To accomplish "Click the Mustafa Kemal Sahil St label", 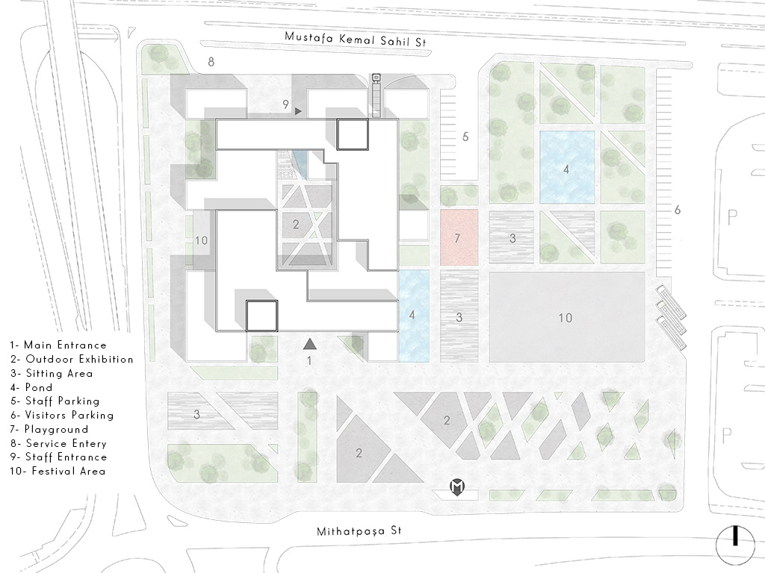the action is point(355,39).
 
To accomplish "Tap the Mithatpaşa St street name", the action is point(359,531).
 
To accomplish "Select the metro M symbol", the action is point(457,486).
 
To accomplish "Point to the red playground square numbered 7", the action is point(459,238).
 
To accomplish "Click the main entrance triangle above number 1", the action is point(310,344).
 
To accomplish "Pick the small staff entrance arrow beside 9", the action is point(298,112).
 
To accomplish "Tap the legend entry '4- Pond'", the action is point(31,387).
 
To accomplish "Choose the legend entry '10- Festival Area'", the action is point(58,472).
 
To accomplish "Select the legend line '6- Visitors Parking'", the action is point(62,415).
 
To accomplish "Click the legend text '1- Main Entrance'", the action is point(58,345).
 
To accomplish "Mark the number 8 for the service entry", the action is point(211,62).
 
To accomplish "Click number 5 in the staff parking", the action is point(465,137).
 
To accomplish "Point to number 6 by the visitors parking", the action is point(677,210).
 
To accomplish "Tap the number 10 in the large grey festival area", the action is point(566,318).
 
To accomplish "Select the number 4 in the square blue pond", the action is point(566,169).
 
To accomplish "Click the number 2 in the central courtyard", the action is point(296,224).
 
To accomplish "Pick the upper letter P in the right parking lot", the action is point(731,217).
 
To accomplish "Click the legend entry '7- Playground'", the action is point(49,429).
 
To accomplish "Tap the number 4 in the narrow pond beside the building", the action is point(412,316).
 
